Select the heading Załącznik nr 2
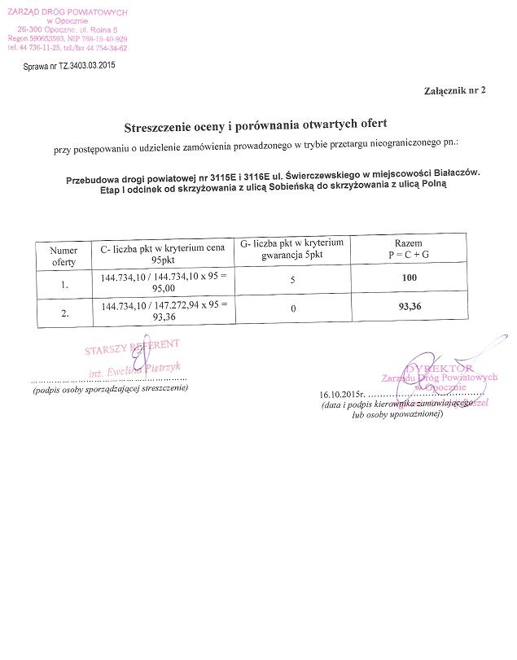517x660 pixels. click(x=453, y=90)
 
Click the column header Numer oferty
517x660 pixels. click(x=64, y=256)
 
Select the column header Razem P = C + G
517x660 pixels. click(x=407, y=249)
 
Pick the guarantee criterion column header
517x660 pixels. click(x=292, y=249)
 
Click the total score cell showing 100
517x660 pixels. click(x=409, y=279)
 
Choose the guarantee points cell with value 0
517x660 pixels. click(x=292, y=308)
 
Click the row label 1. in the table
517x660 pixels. click(x=64, y=286)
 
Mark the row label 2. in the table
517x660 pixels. click(x=64, y=313)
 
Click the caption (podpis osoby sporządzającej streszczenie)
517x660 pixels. click(x=110, y=389)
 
